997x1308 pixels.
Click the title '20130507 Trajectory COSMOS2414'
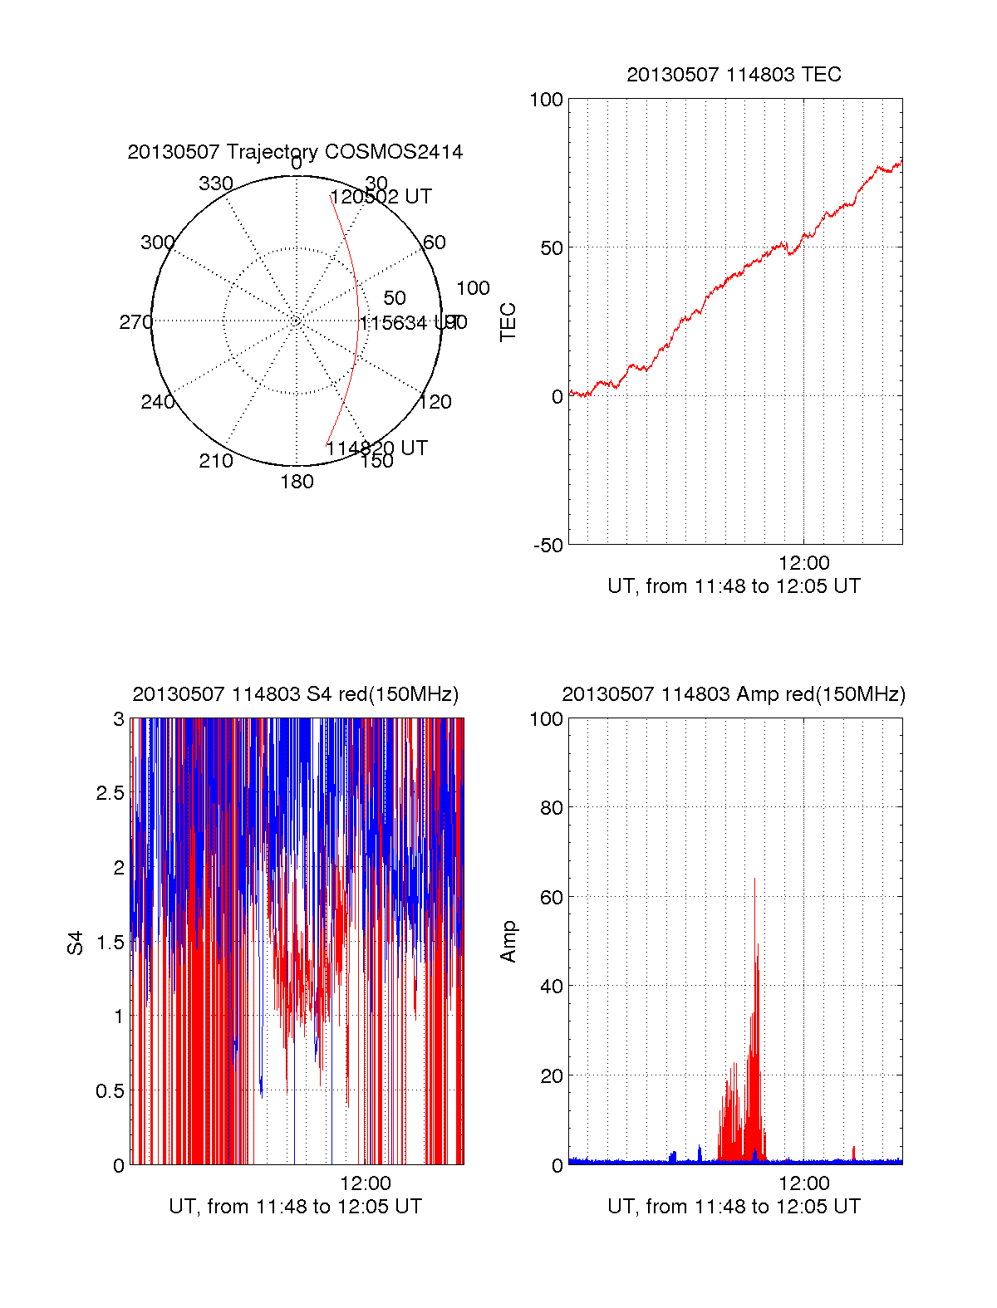click(x=295, y=152)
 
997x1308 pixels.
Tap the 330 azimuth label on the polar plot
click(x=215, y=184)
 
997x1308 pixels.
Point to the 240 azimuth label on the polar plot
click(x=157, y=402)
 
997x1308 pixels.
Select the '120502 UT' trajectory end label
click(x=381, y=197)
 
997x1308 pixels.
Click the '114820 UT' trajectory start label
click(x=376, y=448)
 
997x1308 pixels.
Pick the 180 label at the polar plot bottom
click(x=297, y=482)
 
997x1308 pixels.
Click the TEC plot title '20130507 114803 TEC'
click(x=734, y=75)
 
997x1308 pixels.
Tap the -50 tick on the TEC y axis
click(x=548, y=546)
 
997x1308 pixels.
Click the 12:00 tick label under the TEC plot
click(x=803, y=564)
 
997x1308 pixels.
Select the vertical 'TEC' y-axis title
click(x=508, y=322)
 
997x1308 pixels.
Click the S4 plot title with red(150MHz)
click(x=295, y=694)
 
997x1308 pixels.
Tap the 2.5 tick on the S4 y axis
click(x=111, y=793)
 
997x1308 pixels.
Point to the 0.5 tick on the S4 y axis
click(x=111, y=1091)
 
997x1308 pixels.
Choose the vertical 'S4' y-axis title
click(x=76, y=943)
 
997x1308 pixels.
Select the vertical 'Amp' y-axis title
click(x=508, y=942)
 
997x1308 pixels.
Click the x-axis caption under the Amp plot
click(x=734, y=1207)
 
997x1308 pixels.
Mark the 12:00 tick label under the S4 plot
click(x=365, y=1183)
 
